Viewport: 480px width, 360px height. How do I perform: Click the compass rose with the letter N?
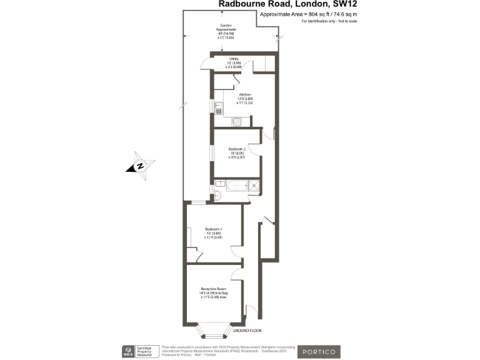[141, 166]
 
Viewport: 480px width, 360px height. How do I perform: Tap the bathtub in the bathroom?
[237, 185]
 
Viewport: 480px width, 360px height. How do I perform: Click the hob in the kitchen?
[237, 122]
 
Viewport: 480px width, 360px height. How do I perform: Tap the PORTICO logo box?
[319, 351]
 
